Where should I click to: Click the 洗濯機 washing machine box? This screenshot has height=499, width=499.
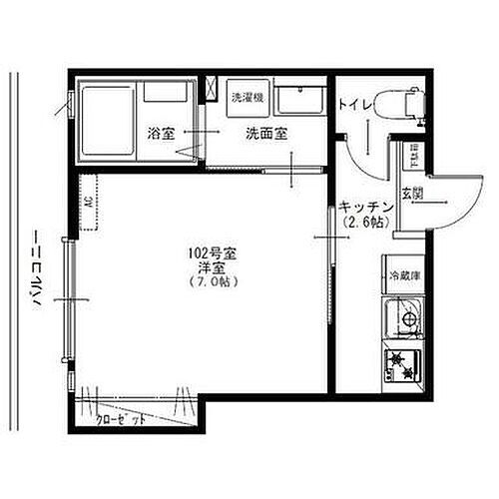[x=246, y=98]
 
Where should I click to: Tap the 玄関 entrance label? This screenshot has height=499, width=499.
[x=411, y=193]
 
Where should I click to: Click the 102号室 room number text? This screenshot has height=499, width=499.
[x=210, y=253]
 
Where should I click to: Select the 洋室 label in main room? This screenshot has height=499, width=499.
[x=210, y=267]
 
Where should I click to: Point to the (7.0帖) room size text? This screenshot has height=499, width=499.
[x=210, y=282]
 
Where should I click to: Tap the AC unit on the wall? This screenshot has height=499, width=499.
[x=88, y=203]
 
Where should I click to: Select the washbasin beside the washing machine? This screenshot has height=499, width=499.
[x=296, y=101]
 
